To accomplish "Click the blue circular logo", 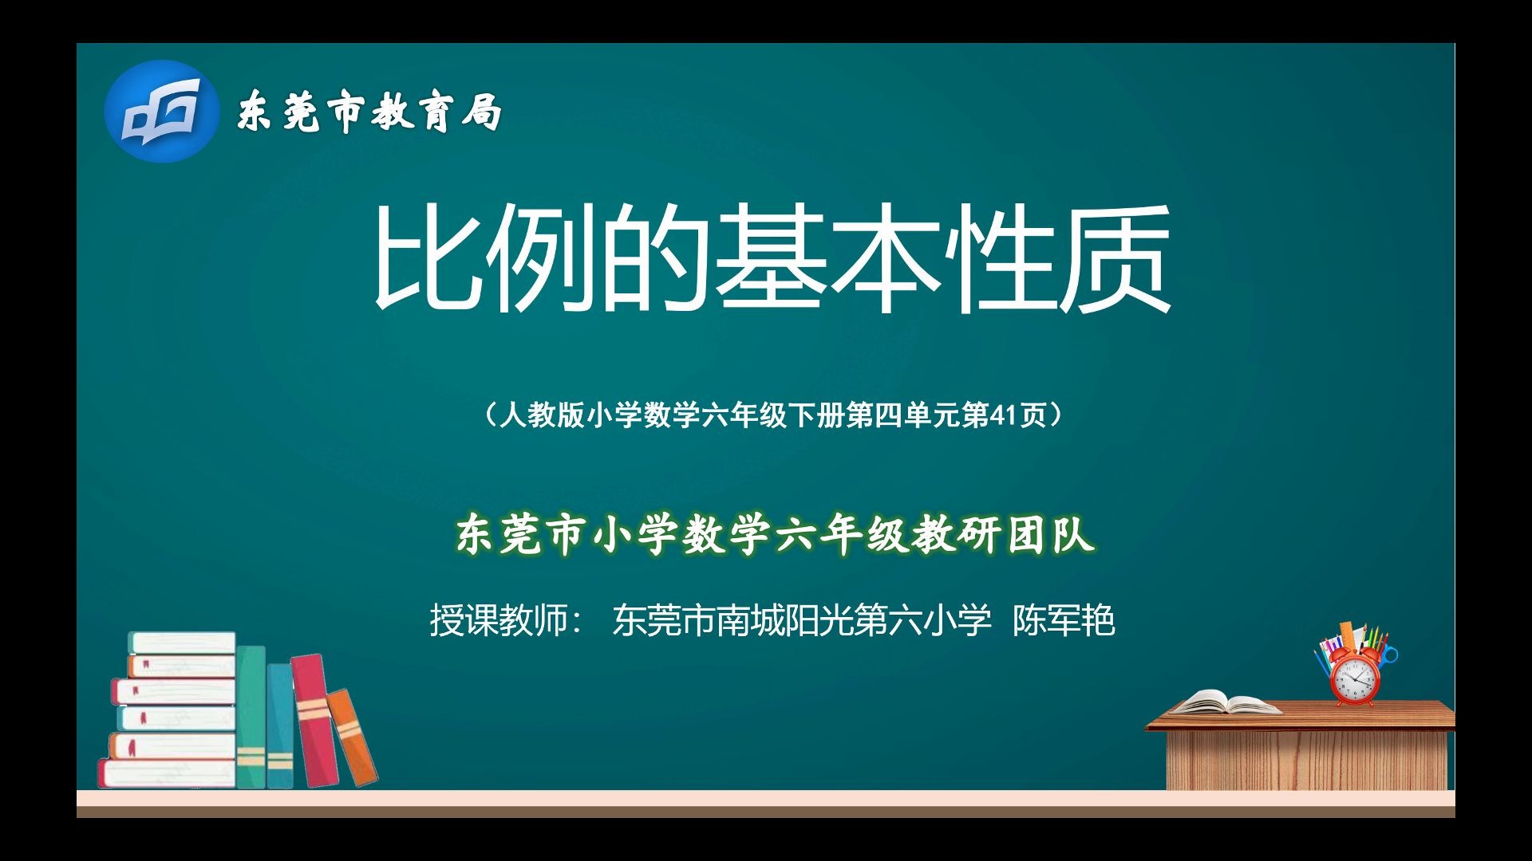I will click(161, 112).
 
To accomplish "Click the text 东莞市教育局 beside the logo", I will click(369, 112).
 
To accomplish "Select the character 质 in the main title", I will click(1115, 257).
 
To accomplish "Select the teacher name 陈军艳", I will click(1063, 620).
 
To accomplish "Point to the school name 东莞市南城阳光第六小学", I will click(801, 620).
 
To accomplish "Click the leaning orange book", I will click(352, 737).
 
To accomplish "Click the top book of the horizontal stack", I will click(183, 643).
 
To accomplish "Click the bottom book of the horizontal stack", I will click(168, 773).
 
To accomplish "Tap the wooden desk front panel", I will click(1305, 761).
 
